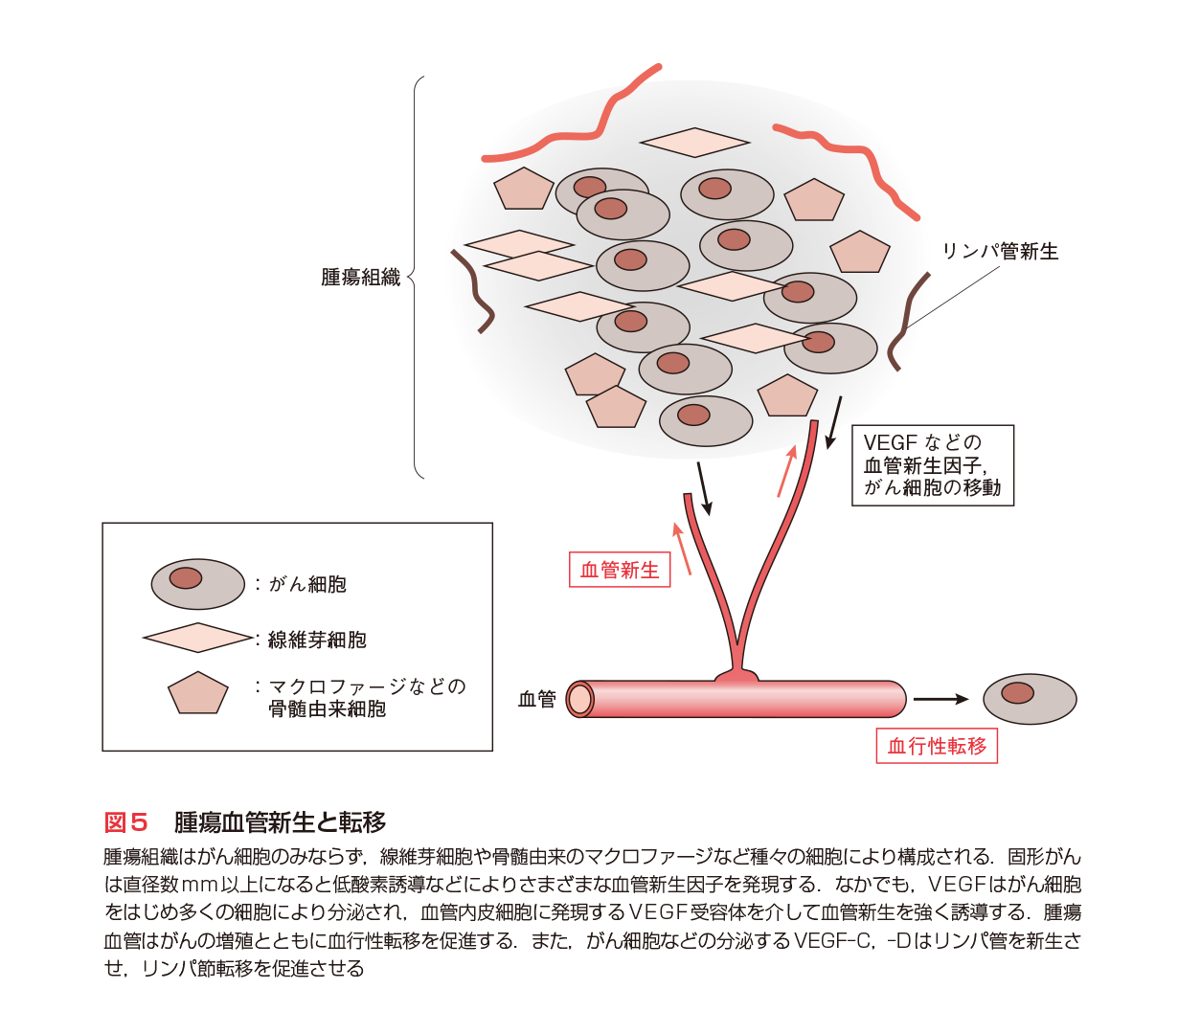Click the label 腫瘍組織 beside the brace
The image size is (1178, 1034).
pyautogui.click(x=360, y=279)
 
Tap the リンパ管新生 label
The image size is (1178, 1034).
pyautogui.click(x=1000, y=252)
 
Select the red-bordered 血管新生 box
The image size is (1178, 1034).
pyautogui.click(x=620, y=570)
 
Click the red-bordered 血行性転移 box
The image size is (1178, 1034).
pyautogui.click(x=936, y=746)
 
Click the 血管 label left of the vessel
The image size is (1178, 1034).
pyautogui.click(x=536, y=699)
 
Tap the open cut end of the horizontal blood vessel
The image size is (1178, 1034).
pyautogui.click(x=579, y=700)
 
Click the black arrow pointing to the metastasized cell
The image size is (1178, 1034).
pyautogui.click(x=940, y=699)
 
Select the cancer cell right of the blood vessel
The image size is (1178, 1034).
pyautogui.click(x=1030, y=698)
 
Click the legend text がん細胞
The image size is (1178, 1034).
pyautogui.click(x=307, y=584)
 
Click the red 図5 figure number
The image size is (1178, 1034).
pyautogui.click(x=126, y=821)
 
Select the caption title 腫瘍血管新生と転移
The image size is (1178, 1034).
pyautogui.click(x=280, y=821)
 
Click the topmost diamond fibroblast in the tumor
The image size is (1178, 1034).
pyautogui.click(x=694, y=143)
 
